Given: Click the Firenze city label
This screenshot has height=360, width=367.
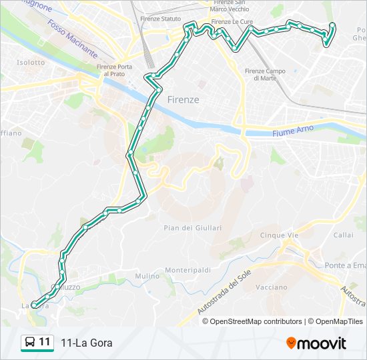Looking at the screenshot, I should [x=183, y=99].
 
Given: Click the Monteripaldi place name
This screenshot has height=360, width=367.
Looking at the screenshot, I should [x=188, y=270].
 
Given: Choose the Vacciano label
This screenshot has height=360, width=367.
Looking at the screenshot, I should [x=271, y=287].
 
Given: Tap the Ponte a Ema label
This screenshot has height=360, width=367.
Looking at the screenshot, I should [x=346, y=265].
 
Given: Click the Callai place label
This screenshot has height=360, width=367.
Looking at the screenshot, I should [x=343, y=235].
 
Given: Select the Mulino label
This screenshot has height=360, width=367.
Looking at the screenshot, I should [x=147, y=276].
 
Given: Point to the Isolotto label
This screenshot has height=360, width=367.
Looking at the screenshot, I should [x=31, y=63].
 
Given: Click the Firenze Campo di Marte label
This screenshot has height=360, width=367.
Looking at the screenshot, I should [x=265, y=75].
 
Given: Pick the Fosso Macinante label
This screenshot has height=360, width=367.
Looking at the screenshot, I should [x=73, y=38].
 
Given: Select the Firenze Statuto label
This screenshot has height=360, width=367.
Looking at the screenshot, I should [x=161, y=19].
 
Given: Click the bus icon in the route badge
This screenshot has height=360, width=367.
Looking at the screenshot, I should [x=30, y=343].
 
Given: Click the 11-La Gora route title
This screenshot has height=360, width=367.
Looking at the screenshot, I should [x=86, y=343].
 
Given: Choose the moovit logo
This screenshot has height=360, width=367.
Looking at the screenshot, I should [x=316, y=343].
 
